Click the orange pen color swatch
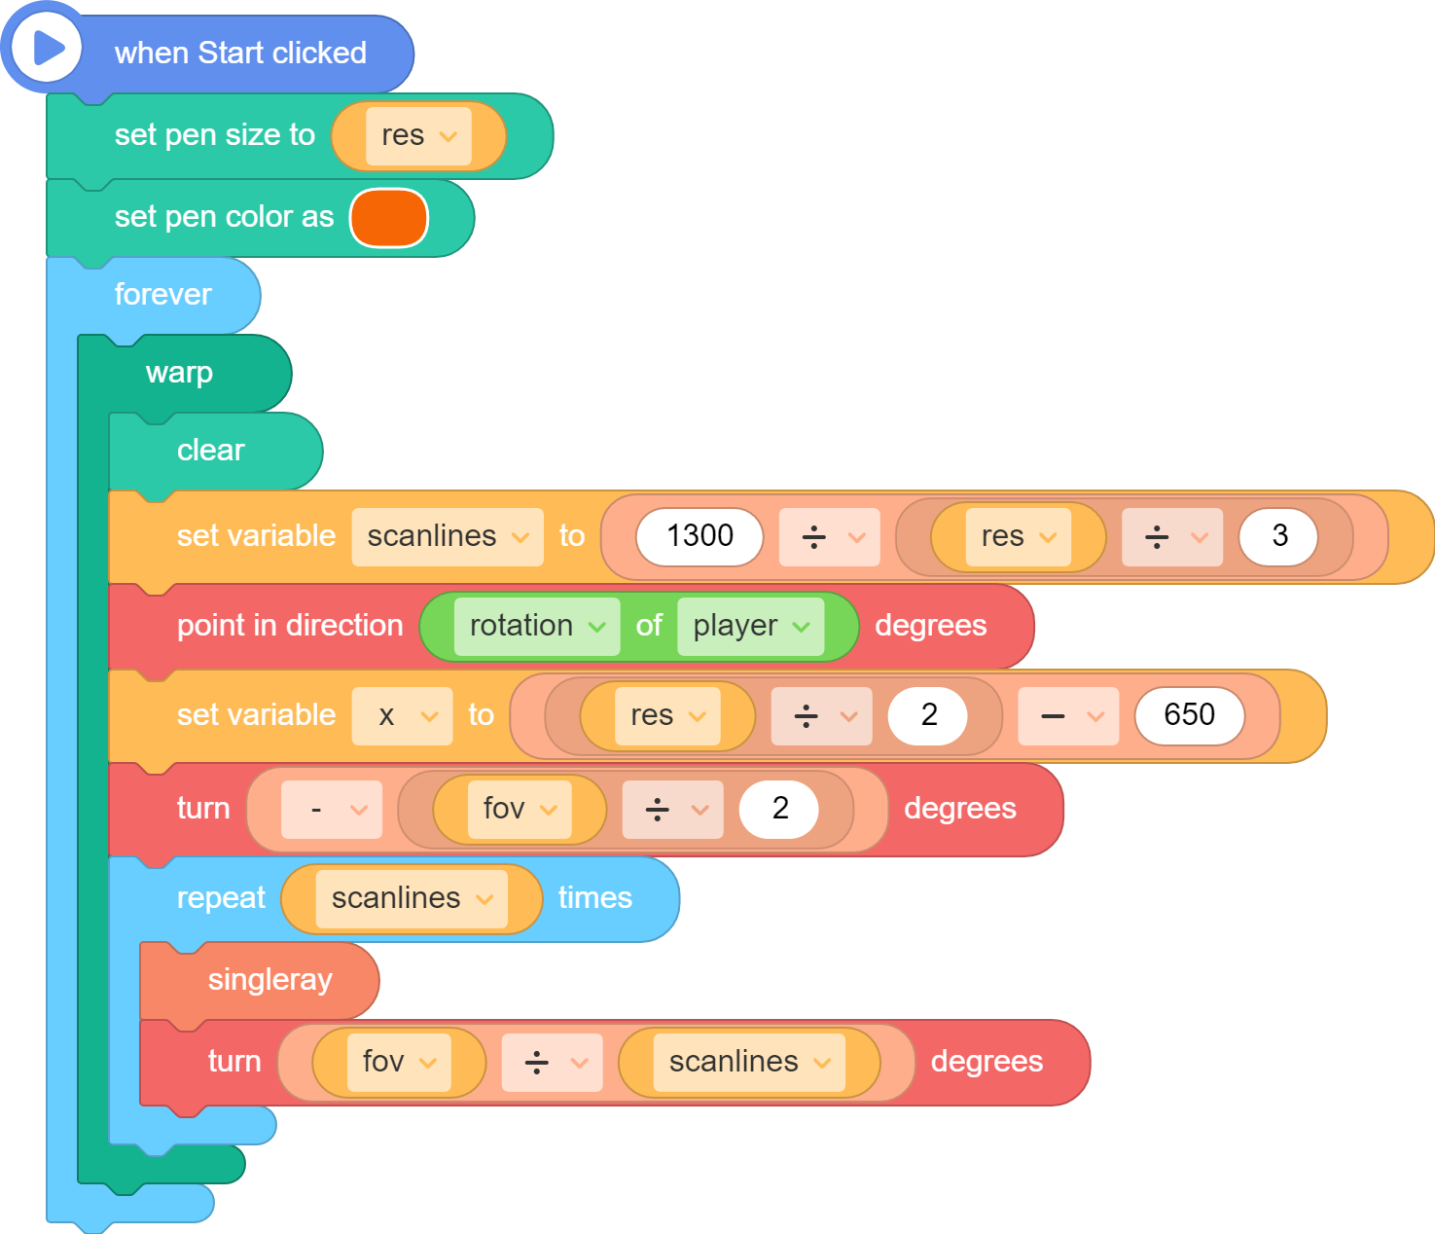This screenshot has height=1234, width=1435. (389, 218)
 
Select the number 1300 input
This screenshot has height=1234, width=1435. (700, 536)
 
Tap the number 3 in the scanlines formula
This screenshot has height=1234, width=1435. (1278, 536)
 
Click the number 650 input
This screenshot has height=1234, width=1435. (1189, 715)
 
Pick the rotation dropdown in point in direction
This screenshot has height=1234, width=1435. (537, 627)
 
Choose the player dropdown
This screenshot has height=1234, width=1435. (750, 627)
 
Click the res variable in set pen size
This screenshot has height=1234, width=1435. (418, 136)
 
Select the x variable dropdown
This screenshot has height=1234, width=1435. (402, 715)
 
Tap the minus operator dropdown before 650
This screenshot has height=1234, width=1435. (1068, 715)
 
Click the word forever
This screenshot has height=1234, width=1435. (163, 295)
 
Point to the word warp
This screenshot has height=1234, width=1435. (179, 374)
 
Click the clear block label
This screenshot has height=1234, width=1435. (211, 451)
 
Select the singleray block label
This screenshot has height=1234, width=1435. (270, 981)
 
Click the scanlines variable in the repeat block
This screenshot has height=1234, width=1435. (412, 898)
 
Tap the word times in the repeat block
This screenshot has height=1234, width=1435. (595, 898)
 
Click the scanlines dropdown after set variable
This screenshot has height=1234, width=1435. (448, 537)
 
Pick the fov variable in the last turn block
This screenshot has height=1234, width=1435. (399, 1063)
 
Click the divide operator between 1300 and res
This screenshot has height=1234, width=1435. (829, 537)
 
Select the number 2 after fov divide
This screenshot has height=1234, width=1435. (779, 809)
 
